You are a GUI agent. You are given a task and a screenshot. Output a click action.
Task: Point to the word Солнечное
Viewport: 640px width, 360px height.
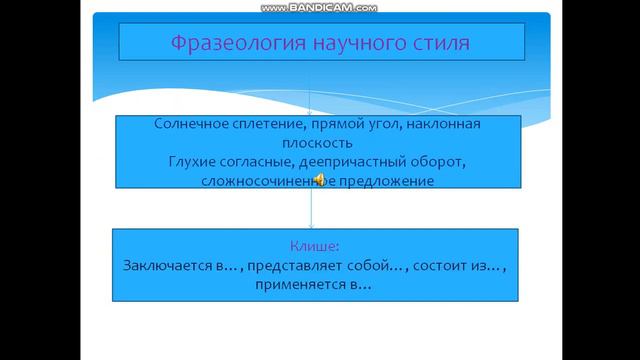point(191,124)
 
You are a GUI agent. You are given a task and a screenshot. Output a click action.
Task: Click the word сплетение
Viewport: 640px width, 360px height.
point(265,124)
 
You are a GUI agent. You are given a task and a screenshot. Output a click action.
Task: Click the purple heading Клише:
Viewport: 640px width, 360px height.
point(315,246)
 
